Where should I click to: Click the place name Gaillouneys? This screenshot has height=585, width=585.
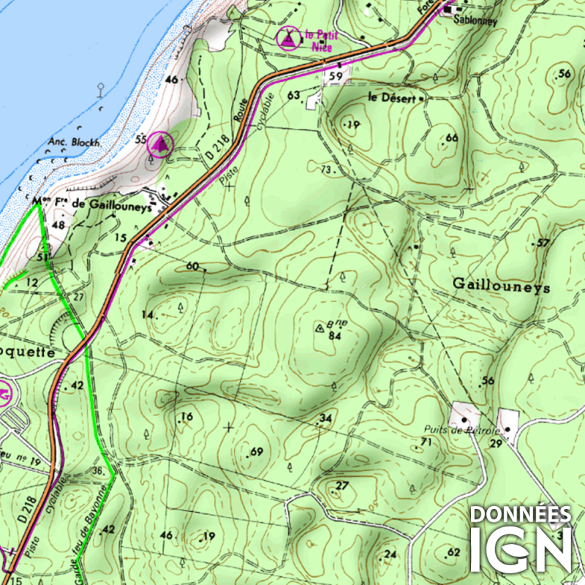coord(501,285)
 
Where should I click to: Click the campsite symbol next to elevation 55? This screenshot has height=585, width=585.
coord(160,145)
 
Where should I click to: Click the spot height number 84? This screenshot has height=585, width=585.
coord(336,336)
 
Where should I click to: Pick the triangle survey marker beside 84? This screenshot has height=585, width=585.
coord(319,329)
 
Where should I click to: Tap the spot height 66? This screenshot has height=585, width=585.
coord(451,138)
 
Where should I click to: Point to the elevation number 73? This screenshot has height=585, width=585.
coord(326,170)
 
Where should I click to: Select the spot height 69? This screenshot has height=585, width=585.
coord(256,452)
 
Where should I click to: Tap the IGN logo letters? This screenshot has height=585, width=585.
coord(520,548)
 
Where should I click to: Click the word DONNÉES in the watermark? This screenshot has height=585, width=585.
coord(520,513)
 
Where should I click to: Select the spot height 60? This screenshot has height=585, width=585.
coord(192,266)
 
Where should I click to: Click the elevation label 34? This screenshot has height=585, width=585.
coord(326,418)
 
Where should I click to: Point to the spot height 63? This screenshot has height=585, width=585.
coord(295,95)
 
